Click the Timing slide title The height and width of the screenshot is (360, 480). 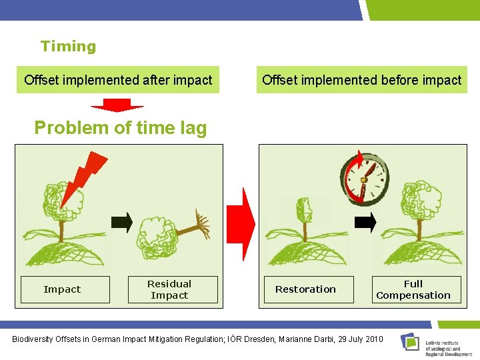click(68, 47)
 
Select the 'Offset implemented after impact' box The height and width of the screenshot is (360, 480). click(118, 81)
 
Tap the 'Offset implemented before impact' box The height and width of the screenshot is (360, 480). click(361, 81)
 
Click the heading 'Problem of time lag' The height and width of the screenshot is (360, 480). click(121, 128)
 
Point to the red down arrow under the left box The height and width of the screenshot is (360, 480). click(117, 105)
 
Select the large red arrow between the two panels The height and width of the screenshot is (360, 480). click(241, 223)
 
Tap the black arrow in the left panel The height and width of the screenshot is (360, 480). click(121, 222)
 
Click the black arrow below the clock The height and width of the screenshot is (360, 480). click(365, 223)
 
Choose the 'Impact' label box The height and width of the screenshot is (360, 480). click(62, 289)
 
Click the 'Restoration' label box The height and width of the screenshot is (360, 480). click(306, 289)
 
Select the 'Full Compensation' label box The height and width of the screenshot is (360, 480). click(413, 289)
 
